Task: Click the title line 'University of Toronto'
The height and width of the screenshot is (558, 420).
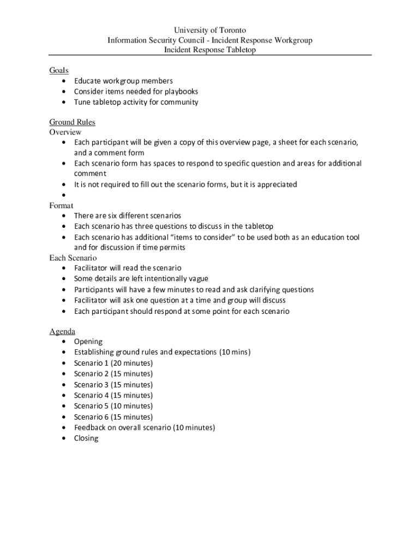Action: pyautogui.click(x=210, y=31)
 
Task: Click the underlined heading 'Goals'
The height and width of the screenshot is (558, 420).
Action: pyautogui.click(x=59, y=70)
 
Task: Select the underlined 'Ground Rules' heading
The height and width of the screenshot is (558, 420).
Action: pyautogui.click(x=72, y=122)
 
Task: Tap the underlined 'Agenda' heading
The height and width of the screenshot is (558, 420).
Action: pyautogui.click(x=62, y=331)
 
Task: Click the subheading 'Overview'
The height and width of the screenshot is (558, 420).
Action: pyautogui.click(x=65, y=132)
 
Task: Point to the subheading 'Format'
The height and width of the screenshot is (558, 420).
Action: pyautogui.click(x=61, y=205)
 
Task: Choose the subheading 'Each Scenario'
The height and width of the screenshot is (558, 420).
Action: pyautogui.click(x=73, y=258)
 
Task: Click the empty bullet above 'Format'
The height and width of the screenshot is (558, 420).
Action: pyautogui.click(x=64, y=195)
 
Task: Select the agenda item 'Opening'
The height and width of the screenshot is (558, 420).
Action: pyautogui.click(x=88, y=342)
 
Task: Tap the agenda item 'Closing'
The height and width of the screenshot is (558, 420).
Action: pyautogui.click(x=86, y=438)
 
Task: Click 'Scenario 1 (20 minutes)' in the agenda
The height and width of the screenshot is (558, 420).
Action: pyautogui.click(x=113, y=363)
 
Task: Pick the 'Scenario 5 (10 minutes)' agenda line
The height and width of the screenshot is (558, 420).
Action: pyautogui.click(x=113, y=406)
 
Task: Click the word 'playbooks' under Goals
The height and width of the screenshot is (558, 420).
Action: pyautogui.click(x=181, y=92)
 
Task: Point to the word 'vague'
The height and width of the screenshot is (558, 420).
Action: pyautogui.click(x=197, y=279)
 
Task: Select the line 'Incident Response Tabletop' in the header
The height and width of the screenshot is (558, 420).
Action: pyautogui.click(x=210, y=50)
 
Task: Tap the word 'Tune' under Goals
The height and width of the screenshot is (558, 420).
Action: pyautogui.click(x=82, y=102)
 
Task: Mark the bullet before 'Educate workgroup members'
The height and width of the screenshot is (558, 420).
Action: pyautogui.click(x=64, y=81)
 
